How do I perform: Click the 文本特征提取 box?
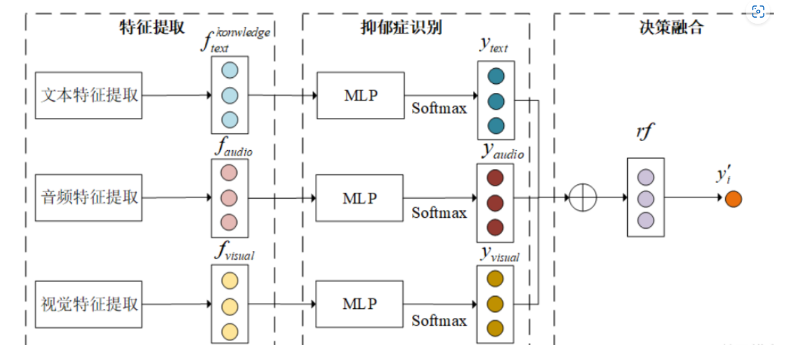tap(89, 95)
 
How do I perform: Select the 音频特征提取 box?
tap(89, 198)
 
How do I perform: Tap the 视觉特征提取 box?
tap(89, 303)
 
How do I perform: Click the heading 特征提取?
tap(152, 27)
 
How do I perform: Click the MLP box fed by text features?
tap(360, 95)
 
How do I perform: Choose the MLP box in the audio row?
tap(359, 198)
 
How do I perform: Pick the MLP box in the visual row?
tap(359, 303)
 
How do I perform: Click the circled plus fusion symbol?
tap(583, 198)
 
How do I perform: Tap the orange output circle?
tap(733, 198)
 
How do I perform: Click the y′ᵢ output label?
tap(723, 176)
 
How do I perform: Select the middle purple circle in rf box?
tap(645, 198)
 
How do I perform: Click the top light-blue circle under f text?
tap(230, 70)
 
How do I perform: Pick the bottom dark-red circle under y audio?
tap(495, 227)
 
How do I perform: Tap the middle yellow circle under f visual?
tap(230, 306)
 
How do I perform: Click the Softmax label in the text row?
tap(439, 108)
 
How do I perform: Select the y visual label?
tap(500, 254)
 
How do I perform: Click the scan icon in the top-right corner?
tap(758, 12)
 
